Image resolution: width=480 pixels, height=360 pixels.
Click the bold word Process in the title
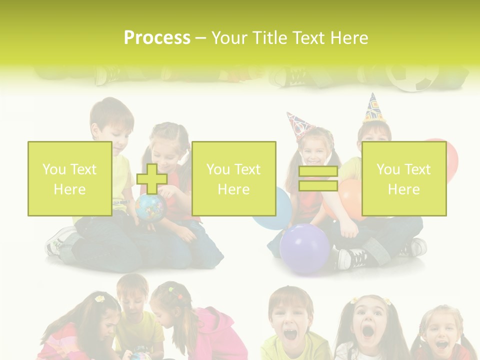tap(157, 38)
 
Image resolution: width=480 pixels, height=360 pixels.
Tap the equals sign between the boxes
tap(318, 179)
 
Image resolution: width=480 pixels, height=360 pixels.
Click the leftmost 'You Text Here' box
tap(70, 179)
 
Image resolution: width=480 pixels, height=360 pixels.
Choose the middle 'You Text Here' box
tap(233, 179)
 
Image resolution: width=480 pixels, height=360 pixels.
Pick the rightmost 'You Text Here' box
tap(404, 179)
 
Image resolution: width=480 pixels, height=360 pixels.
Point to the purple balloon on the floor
tap(304, 248)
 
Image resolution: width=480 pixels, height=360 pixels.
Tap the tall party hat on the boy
tap(372, 107)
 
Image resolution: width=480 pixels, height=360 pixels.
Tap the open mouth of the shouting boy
tap(290, 332)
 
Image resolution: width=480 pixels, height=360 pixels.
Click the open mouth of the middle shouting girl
tap(368, 330)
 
